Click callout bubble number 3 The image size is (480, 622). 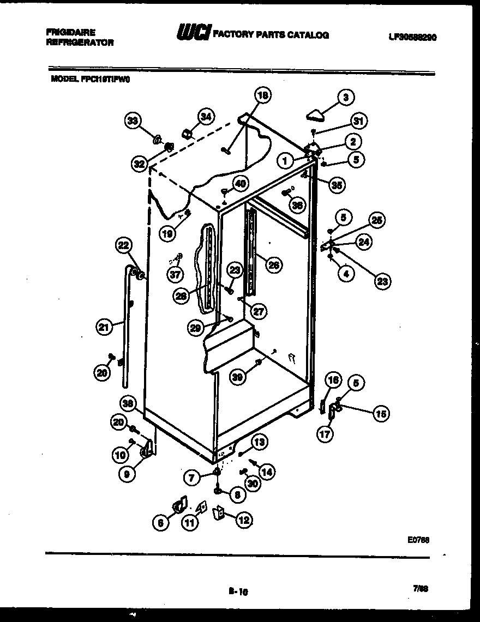[345, 98]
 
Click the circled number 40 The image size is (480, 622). [239, 184]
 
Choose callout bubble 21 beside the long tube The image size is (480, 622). [103, 327]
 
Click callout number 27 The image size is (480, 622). [259, 311]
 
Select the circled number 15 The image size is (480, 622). [381, 414]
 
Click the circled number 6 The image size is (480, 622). [160, 523]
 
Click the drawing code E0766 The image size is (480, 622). [418, 540]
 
